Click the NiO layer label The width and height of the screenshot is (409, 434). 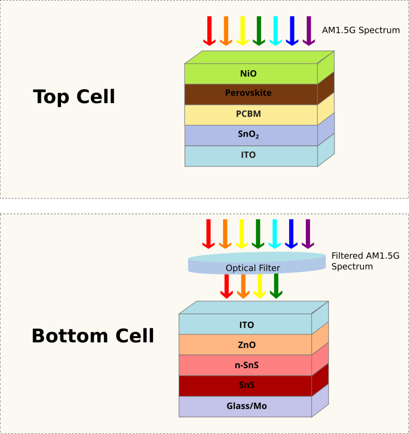click(248, 74)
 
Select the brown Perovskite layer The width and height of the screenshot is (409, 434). click(248, 93)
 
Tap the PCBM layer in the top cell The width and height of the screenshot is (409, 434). click(248, 114)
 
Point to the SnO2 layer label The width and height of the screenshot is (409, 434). click(248, 135)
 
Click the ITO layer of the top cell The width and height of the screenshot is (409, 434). click(248, 155)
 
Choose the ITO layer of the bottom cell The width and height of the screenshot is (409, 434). click(246, 325)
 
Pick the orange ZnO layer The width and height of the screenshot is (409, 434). click(246, 345)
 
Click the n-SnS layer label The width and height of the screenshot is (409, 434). click(246, 365)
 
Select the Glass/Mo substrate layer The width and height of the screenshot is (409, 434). click(246, 406)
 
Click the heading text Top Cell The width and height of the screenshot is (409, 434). click(74, 97)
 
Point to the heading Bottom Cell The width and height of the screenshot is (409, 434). click(93, 336)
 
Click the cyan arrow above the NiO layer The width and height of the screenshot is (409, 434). click(275, 31)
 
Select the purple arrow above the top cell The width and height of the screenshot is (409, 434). click(308, 31)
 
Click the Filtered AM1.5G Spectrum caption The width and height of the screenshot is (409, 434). click(365, 261)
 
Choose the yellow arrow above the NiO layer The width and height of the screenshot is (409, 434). click(242, 31)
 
